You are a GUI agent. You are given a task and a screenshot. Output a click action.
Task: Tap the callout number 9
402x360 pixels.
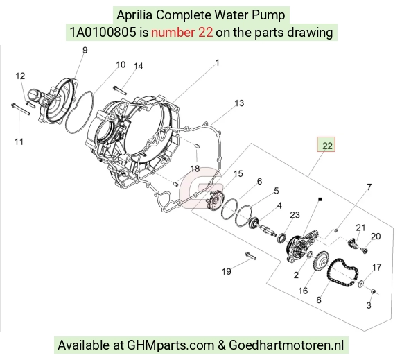tap(85, 50)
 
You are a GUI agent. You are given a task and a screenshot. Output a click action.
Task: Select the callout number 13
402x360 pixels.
tap(239, 103)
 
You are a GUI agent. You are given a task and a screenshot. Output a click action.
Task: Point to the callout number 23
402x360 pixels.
tap(295, 215)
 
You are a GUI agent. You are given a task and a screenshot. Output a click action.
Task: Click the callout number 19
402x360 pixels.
tap(227, 271)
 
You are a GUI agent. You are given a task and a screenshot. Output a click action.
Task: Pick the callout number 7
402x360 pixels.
tap(369, 187)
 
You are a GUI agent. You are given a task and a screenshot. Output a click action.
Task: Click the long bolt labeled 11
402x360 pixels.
tap(21, 110)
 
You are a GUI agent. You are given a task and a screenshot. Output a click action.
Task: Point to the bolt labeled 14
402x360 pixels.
tap(120, 91)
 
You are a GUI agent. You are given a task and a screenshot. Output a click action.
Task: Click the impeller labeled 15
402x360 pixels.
tap(216, 200)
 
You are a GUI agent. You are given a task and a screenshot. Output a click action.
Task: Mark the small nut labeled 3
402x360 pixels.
tap(374, 291)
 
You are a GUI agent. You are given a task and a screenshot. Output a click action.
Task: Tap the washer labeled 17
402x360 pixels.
tap(360, 284)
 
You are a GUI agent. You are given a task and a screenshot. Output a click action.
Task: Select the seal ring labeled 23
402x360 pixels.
tap(282, 238)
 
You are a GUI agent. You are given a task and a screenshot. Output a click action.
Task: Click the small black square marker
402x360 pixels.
tap(320, 199)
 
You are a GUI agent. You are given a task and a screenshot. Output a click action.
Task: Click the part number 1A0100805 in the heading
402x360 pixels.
tap(103, 33)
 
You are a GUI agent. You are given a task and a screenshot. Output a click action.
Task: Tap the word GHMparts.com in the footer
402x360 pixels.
tap(171, 345)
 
